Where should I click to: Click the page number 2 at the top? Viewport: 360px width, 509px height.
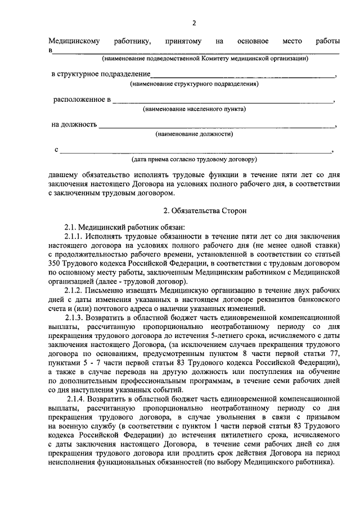[x=193, y=23]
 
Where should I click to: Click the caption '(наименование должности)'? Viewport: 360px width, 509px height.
[x=194, y=134]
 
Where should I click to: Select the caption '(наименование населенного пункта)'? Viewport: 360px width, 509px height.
[x=194, y=109]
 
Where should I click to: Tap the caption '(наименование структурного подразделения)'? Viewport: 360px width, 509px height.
[x=194, y=84]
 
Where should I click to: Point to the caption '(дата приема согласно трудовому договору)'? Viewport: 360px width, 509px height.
[x=194, y=159]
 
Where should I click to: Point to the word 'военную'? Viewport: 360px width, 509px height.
[x=70, y=427]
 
